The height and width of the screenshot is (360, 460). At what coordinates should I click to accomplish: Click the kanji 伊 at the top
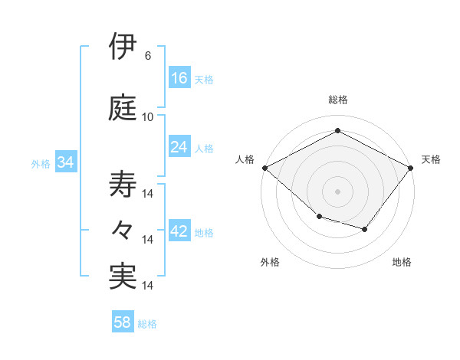pos(123,47)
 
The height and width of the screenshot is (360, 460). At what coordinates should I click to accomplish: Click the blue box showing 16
pos(179,78)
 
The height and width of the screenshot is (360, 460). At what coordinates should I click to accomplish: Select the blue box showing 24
pos(179,147)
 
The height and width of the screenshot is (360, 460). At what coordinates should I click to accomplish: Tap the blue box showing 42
pos(179,231)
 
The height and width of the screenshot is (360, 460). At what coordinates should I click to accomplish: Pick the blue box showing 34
pos(65,162)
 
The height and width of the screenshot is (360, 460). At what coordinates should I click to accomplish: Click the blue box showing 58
pos(123,322)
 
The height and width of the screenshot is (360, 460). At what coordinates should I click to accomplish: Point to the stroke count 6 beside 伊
pos(147,56)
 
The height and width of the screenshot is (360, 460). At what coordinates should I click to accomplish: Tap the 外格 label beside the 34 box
pos(41,163)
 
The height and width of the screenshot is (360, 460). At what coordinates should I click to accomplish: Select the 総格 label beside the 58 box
pos(147,323)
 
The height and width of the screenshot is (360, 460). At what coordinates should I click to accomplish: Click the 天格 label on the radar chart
pos(431,159)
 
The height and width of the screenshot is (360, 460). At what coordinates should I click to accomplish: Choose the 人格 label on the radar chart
pos(245,159)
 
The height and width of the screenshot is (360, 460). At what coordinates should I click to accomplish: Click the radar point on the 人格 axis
pos(264,167)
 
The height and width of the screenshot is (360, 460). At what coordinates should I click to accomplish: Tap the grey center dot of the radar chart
pos(338,191)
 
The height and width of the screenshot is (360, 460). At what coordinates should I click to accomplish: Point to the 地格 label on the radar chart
pos(402,262)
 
